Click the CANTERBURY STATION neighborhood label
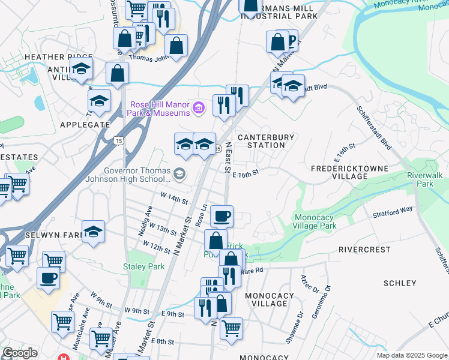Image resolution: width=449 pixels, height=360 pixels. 266,141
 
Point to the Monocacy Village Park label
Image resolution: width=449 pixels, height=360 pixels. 315,222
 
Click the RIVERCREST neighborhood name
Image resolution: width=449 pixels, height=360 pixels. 364,249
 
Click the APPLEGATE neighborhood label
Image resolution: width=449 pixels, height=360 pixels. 85,125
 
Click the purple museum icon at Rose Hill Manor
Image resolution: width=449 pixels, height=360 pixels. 199,109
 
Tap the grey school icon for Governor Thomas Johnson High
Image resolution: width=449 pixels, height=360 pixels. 179,174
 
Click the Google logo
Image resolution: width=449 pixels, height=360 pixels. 20,353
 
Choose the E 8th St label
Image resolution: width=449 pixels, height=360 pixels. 162,341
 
